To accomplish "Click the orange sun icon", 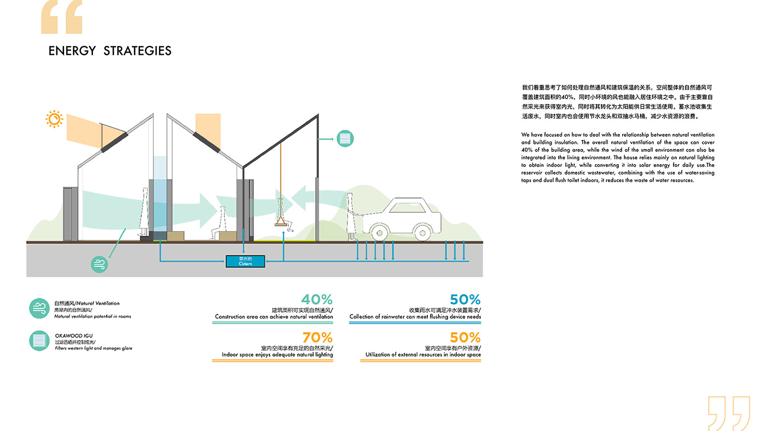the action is pos(54,119).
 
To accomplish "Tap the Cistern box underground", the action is pos(245,261).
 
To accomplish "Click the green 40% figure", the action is pos(317,299).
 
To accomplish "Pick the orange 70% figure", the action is pos(317,337).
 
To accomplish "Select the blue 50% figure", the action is pos(465,299).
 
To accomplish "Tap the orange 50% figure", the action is pos(465,337).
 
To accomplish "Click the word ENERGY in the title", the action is pos(72,51).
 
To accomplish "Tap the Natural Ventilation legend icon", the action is pos(39,308).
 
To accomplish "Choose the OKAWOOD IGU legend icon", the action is pos(39,341).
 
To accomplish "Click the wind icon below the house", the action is pos(100,264).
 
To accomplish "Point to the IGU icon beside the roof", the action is pos(345,139).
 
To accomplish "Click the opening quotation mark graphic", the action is pos(62,17).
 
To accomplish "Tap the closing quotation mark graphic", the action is pos(729,413).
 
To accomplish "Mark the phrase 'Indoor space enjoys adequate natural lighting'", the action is pos(277,355).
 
